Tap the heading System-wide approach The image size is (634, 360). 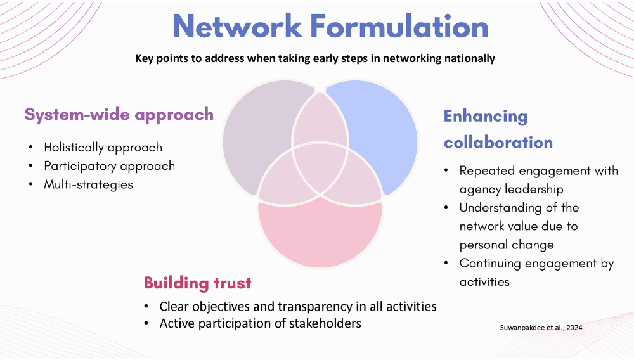pos(119,114)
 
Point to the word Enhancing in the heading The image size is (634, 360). pos(485,117)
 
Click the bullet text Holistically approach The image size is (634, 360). pos(103,147)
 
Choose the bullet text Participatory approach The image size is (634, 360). pos(109,165)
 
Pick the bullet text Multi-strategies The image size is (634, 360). pos(89,184)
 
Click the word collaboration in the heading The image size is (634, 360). pos(498,142)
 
